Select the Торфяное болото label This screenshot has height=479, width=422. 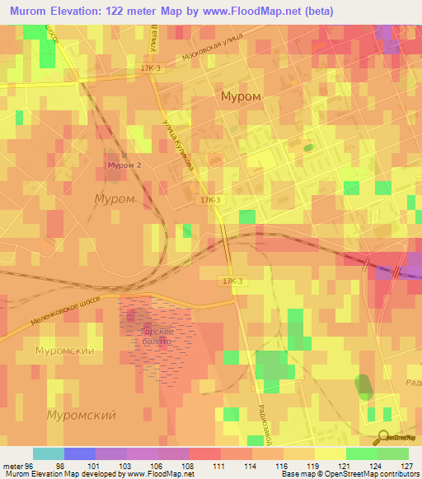[x=150, y=337]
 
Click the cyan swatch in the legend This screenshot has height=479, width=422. [x=49, y=453]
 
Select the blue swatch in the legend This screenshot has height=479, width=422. [x=80, y=453]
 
